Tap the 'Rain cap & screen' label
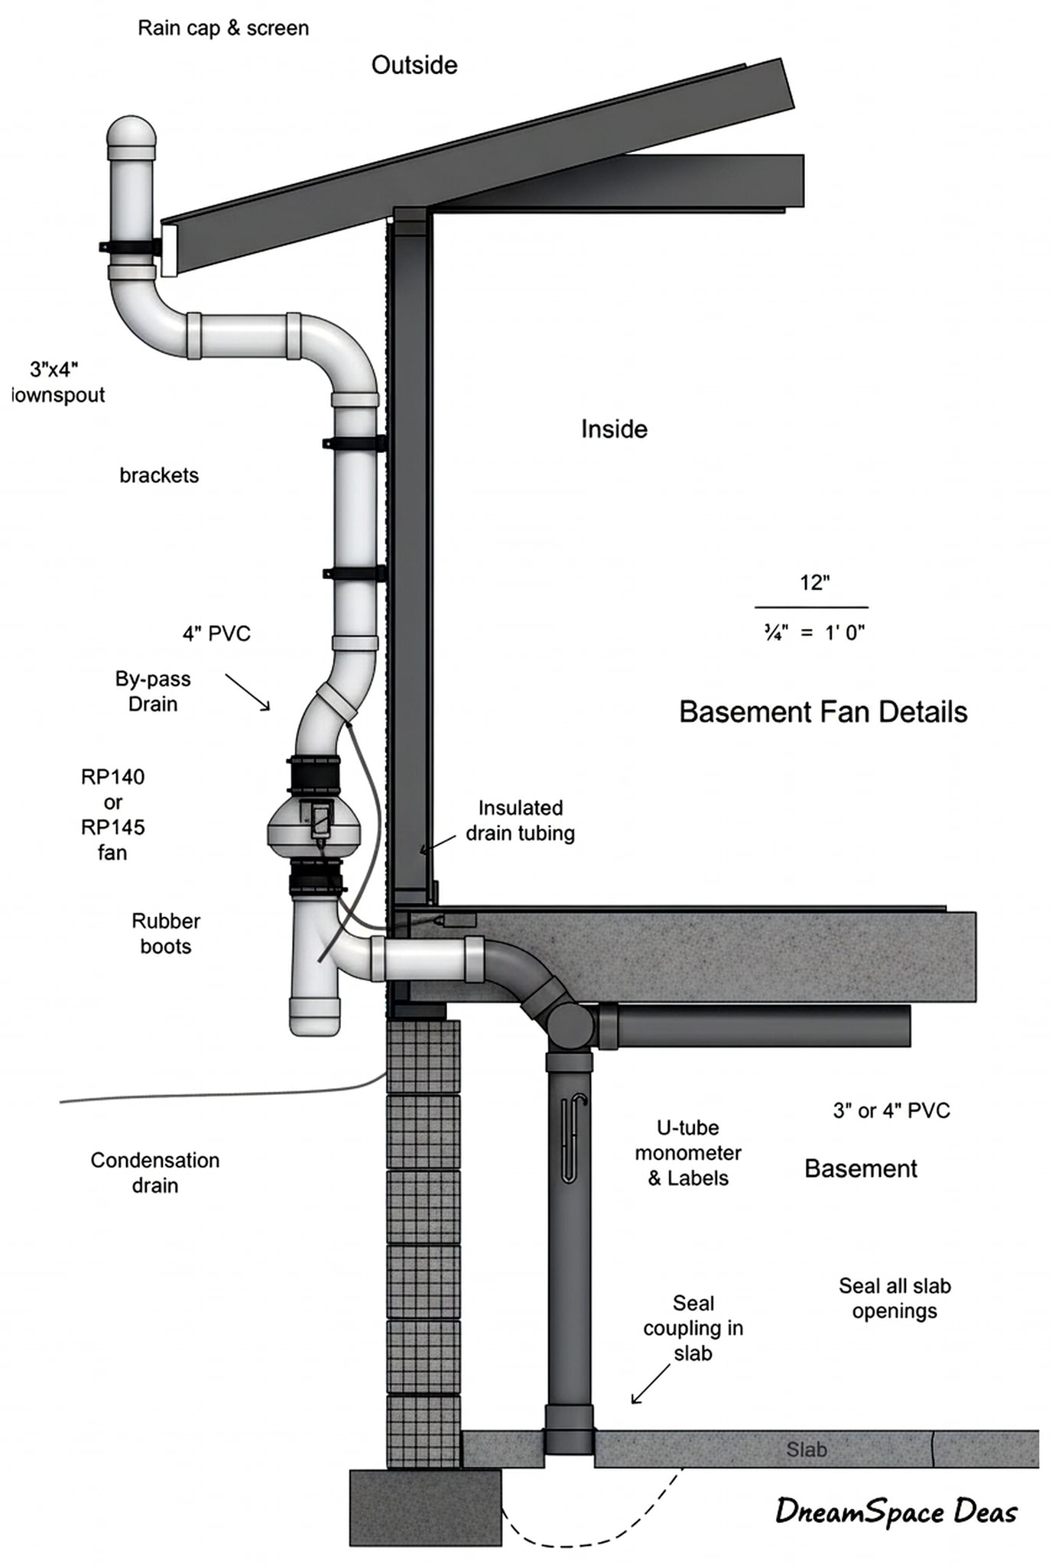point(223,28)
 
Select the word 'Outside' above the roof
point(414,65)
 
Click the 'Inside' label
point(614,429)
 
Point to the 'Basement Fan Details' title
point(823,711)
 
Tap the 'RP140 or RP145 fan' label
point(112,815)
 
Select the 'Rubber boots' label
point(166,933)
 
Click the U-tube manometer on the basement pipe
point(573,1138)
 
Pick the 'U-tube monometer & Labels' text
point(688,1152)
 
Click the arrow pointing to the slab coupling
point(650,1383)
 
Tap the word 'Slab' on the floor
point(807,1449)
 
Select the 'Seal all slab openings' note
point(895,1298)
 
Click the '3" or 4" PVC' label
point(891,1110)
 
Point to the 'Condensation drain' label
point(155,1172)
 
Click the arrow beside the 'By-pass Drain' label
point(248,692)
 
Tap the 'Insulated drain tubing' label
point(521,820)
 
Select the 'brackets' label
point(159,475)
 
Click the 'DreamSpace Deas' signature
point(897,1512)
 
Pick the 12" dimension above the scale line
point(815,582)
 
